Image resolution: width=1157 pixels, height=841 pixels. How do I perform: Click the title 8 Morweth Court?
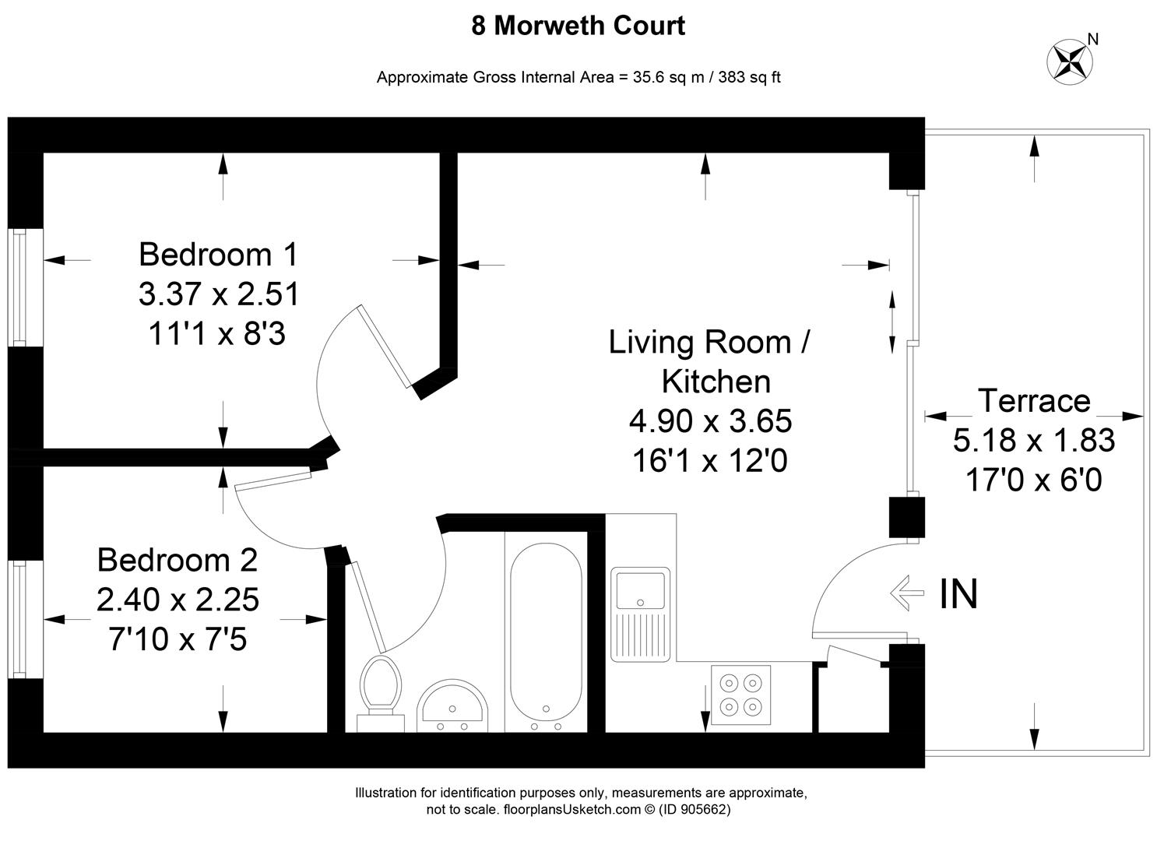click(x=578, y=26)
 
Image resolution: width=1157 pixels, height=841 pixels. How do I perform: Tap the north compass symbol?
click(x=1068, y=59)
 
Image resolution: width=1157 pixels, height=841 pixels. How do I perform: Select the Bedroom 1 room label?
click(x=218, y=255)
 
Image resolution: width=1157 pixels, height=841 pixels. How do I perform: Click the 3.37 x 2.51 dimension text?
click(x=218, y=294)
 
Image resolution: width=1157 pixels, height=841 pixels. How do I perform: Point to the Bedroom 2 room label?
click(x=177, y=560)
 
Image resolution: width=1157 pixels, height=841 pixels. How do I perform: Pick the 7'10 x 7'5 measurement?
click(x=177, y=640)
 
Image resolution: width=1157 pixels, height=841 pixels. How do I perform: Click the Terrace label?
click(x=1033, y=401)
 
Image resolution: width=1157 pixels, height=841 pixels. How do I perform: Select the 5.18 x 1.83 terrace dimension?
click(x=1033, y=441)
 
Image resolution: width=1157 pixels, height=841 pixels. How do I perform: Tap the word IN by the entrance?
click(x=958, y=594)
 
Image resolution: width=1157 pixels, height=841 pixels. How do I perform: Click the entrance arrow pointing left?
click(x=906, y=591)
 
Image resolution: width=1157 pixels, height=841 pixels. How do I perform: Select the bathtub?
click(x=545, y=627)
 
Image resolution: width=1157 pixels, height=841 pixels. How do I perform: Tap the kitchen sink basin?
click(x=640, y=589)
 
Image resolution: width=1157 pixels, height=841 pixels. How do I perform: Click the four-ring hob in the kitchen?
click(x=740, y=695)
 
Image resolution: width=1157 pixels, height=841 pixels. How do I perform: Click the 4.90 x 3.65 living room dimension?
click(x=710, y=421)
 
